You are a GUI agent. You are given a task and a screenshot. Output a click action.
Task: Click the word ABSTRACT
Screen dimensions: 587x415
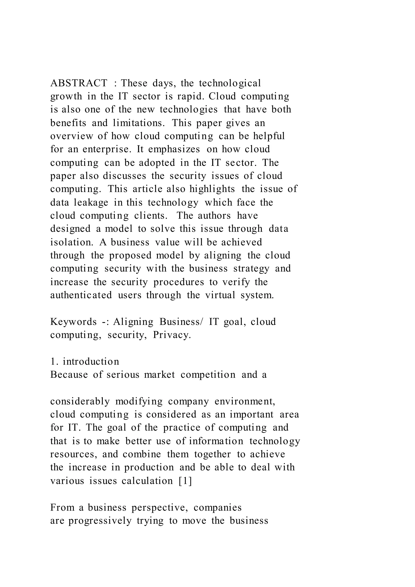coord(79,83)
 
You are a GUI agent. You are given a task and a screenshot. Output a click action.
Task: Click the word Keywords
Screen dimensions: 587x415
coord(73,322)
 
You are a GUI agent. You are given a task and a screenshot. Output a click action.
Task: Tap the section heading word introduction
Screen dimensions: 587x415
coord(91,362)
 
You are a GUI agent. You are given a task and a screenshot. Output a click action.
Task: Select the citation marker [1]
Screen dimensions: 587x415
coord(185,481)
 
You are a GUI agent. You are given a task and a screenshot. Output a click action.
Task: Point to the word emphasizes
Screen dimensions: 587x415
coord(174,149)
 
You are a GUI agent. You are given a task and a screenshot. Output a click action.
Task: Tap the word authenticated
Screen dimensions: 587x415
coord(81,295)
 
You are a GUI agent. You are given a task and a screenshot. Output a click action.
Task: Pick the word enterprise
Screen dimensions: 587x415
coord(107,149)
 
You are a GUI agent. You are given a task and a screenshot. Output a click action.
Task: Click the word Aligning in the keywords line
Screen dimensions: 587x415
coord(133,322)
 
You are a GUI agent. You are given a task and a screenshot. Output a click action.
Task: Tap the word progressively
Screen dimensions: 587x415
coord(100,521)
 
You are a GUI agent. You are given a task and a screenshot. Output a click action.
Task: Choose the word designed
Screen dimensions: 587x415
coord(70,229)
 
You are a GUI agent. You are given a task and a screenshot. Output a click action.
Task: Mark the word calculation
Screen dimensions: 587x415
coord(147,481)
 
